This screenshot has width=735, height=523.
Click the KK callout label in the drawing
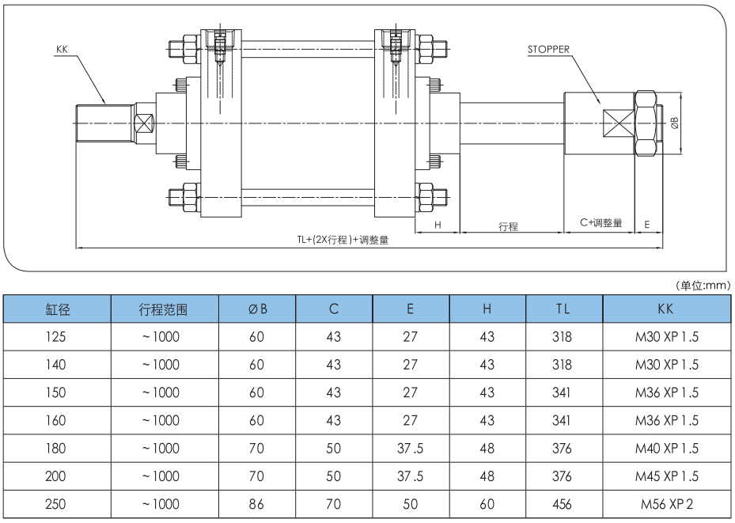(x=63, y=49)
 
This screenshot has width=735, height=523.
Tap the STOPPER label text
(x=549, y=49)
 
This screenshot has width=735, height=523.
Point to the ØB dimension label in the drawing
(x=674, y=123)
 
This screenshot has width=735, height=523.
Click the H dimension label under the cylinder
(x=437, y=225)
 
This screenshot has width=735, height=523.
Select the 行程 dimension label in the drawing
(x=509, y=226)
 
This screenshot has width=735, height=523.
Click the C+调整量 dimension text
(x=601, y=223)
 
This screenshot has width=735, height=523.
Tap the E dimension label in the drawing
(x=647, y=225)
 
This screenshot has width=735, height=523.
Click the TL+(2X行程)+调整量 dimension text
(x=343, y=240)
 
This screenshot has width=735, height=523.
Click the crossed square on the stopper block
(x=619, y=123)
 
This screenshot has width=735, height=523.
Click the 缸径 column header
(x=57, y=309)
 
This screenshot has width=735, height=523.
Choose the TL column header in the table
(x=563, y=309)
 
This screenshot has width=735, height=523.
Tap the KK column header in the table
(x=667, y=309)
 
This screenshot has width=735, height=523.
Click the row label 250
(x=57, y=504)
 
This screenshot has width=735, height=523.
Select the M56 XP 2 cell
(x=667, y=504)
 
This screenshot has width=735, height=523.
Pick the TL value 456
(x=563, y=504)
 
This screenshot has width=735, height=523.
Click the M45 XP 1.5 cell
(x=667, y=476)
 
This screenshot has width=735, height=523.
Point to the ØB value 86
(x=256, y=504)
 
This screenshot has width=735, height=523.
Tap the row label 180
(x=57, y=449)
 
